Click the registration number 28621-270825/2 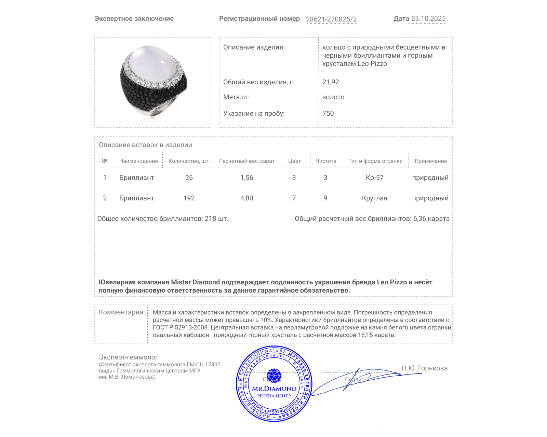[331, 19]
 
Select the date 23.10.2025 [428, 19]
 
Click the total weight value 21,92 [331, 82]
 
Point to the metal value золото [333, 97]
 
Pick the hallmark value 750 [328, 113]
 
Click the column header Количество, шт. [189, 161]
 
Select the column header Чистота [326, 161]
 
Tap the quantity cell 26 [189, 178]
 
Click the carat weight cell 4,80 [247, 198]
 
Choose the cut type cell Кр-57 [374, 178]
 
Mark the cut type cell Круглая [374, 198]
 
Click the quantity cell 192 [189, 198]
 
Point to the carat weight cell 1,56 [247, 178]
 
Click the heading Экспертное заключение [134, 19]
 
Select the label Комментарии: [122, 312]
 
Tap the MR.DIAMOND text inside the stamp [274, 389]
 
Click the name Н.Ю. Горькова [424, 368]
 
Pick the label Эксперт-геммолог [128, 357]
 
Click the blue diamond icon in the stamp [274, 375]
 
